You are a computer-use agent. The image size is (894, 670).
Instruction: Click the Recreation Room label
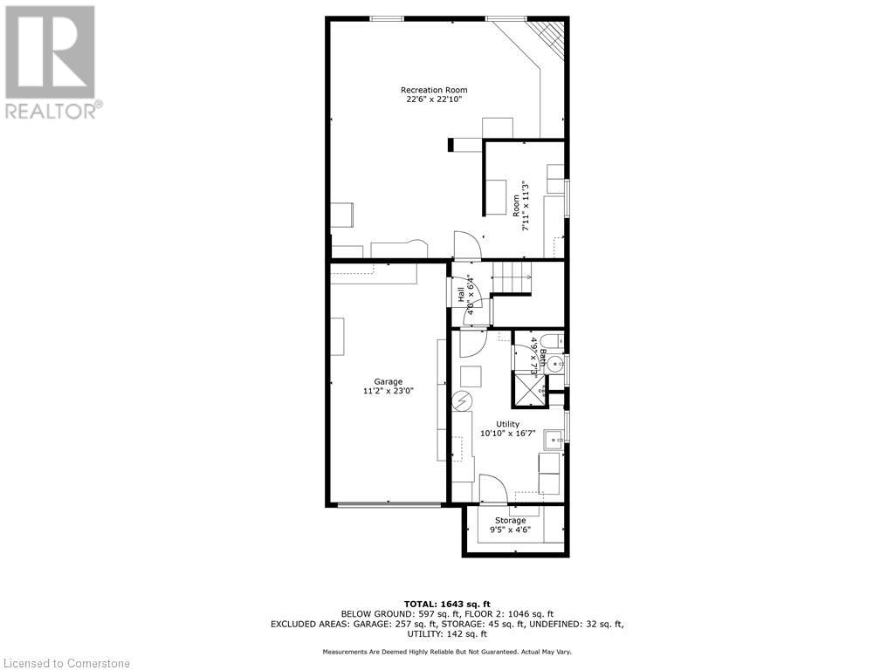[x=434, y=90]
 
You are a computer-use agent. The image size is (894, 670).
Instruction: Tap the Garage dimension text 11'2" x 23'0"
[x=389, y=392]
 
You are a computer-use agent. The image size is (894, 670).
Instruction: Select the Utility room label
[x=507, y=424]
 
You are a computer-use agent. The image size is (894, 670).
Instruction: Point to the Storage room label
[x=511, y=521]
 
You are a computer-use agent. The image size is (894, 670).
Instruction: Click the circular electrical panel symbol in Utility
[x=461, y=401]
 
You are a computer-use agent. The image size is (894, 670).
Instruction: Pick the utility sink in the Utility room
[x=552, y=439]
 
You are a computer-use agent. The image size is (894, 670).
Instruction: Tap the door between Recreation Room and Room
[x=467, y=245]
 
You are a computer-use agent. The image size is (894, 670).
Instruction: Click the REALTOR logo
[x=52, y=61]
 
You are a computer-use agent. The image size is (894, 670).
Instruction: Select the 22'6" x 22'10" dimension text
[x=434, y=100]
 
